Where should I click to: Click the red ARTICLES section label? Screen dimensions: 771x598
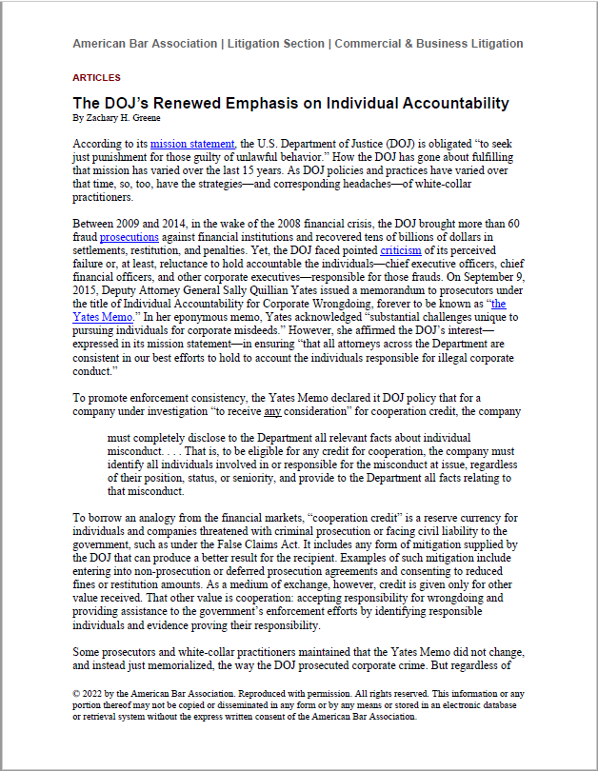(96, 77)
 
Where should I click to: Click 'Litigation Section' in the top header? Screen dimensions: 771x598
(274, 44)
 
